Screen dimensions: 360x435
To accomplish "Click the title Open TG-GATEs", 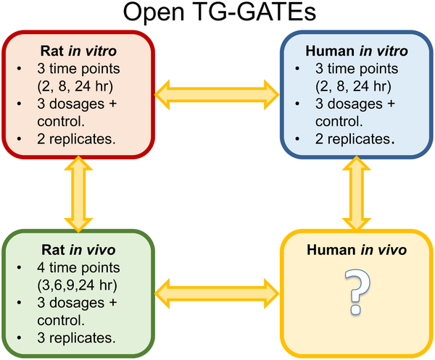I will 217,15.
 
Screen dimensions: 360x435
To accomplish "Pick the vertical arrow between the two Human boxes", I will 355,191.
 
